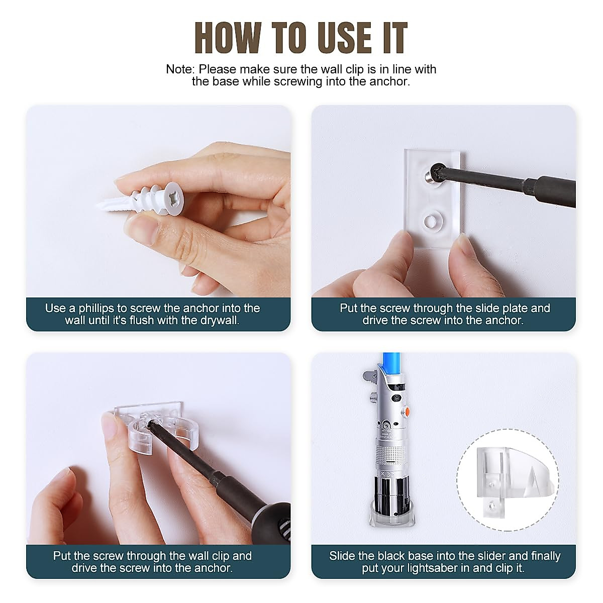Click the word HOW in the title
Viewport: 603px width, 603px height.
pos(228,39)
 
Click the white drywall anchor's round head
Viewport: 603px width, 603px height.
pos(174,198)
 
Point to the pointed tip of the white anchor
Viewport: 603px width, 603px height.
pos(96,207)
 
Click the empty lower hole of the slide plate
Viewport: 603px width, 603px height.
pos(433,221)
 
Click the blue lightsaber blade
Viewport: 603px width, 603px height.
pos(391,363)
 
